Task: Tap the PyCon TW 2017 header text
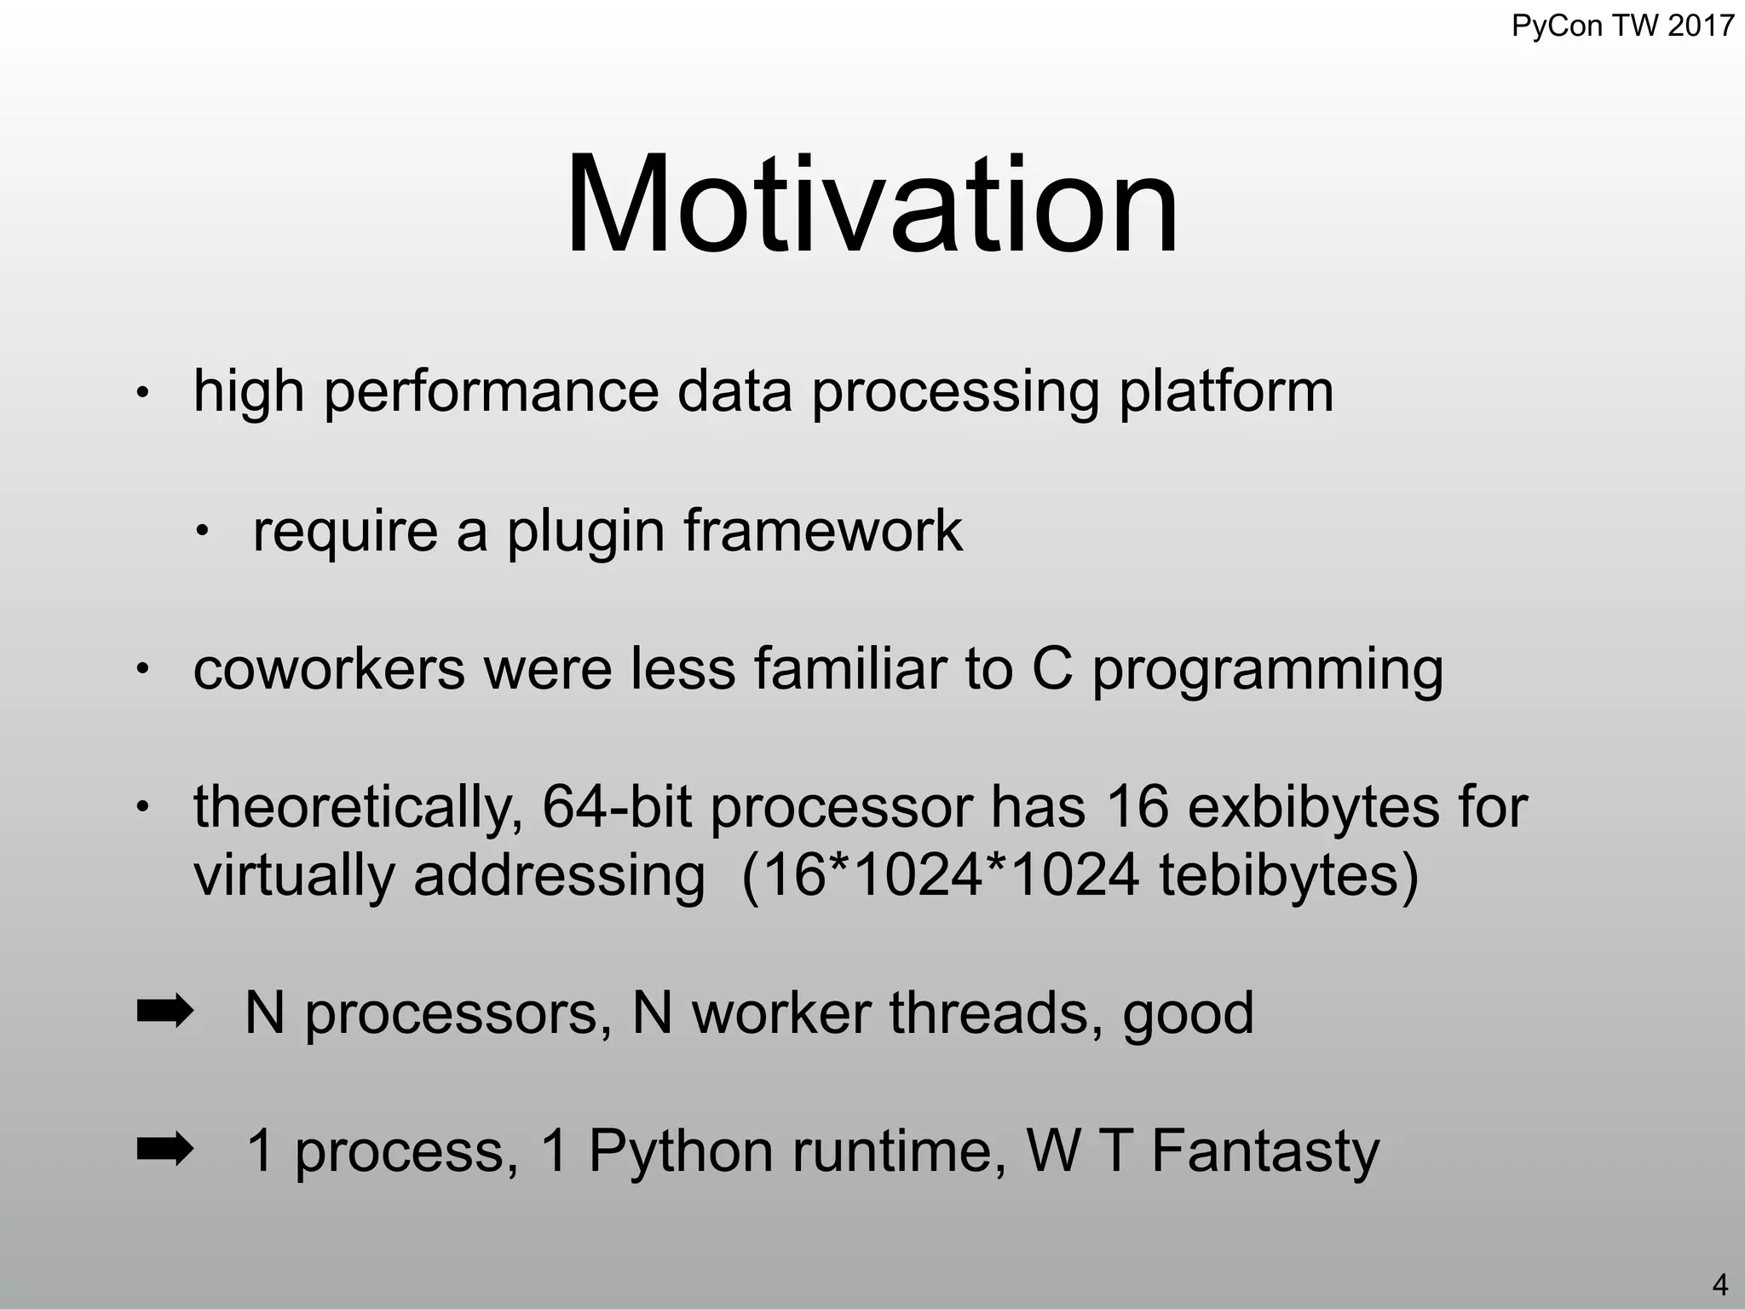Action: click(x=1622, y=26)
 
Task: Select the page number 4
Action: click(x=1719, y=1283)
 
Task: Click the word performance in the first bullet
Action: click(x=491, y=393)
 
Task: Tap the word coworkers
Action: click(x=329, y=669)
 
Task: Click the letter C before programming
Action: click(x=1051, y=669)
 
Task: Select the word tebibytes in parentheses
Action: click(x=1278, y=876)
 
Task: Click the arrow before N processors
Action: click(x=164, y=1012)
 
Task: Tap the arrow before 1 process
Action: click(x=164, y=1150)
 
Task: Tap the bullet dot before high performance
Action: click(x=143, y=395)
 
